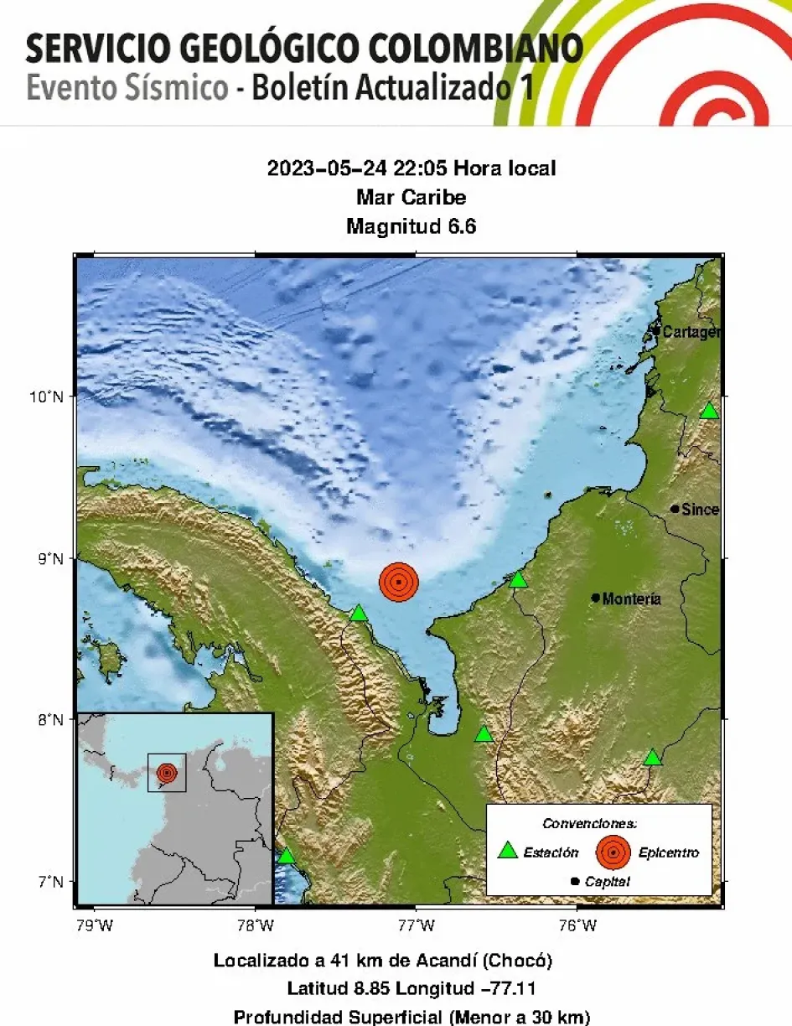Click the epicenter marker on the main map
coord(398,581)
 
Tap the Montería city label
coord(631,598)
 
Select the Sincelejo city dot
coord(675,509)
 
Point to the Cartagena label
coord(691,333)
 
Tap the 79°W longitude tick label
coord(94,925)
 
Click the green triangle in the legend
coord(508,851)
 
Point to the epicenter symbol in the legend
coord(613,852)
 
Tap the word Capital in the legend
coord(608,881)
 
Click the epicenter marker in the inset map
coord(167,772)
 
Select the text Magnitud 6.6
coord(411,226)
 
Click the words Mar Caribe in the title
coord(411,198)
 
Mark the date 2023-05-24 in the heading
coord(327,168)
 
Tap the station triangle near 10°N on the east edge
coord(709,411)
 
